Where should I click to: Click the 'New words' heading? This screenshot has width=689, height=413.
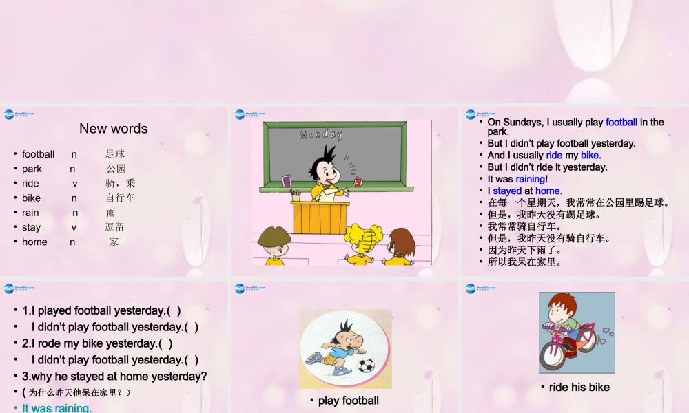pyautogui.click(x=113, y=129)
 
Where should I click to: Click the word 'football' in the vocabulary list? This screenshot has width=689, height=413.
pyautogui.click(x=38, y=154)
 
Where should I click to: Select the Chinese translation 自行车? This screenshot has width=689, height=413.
pyautogui.click(x=120, y=198)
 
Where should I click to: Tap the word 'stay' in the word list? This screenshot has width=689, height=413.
pyautogui.click(x=31, y=227)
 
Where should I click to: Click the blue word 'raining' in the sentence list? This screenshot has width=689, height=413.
pyautogui.click(x=530, y=179)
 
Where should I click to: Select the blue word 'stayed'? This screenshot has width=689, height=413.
pyautogui.click(x=507, y=191)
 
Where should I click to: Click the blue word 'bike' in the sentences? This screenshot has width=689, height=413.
pyautogui.click(x=590, y=156)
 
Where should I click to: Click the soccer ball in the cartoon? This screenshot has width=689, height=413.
pyautogui.click(x=366, y=364)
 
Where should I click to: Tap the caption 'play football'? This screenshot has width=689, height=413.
pyautogui.click(x=348, y=401)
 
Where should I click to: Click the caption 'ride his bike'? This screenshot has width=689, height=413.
pyautogui.click(x=579, y=387)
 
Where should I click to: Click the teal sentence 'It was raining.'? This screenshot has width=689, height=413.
pyautogui.click(x=56, y=408)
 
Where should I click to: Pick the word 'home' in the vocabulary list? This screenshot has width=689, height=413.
pyautogui.click(x=34, y=242)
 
